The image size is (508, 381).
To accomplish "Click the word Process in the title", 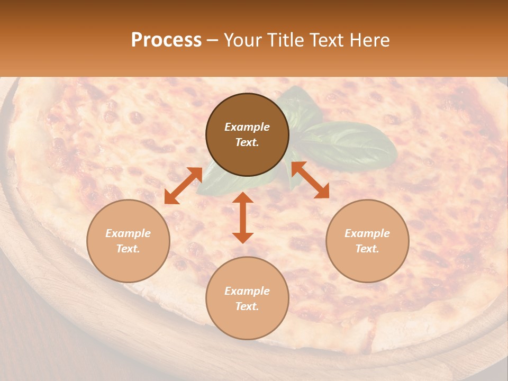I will click(166, 40).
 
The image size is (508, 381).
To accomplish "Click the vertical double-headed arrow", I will click(243, 217).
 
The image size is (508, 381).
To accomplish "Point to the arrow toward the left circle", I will click(183, 186).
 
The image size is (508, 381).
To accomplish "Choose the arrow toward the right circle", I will click(310, 180).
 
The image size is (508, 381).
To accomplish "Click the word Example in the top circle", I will click(247, 127).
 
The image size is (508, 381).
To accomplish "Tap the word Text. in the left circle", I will click(128, 249).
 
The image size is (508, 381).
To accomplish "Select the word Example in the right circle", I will click(367, 233).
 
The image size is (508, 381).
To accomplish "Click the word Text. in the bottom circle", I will click(247, 306).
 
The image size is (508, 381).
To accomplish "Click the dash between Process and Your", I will click(212, 40).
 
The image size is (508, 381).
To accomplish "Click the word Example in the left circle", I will click(128, 233).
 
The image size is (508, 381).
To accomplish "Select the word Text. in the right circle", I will click(367, 249).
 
